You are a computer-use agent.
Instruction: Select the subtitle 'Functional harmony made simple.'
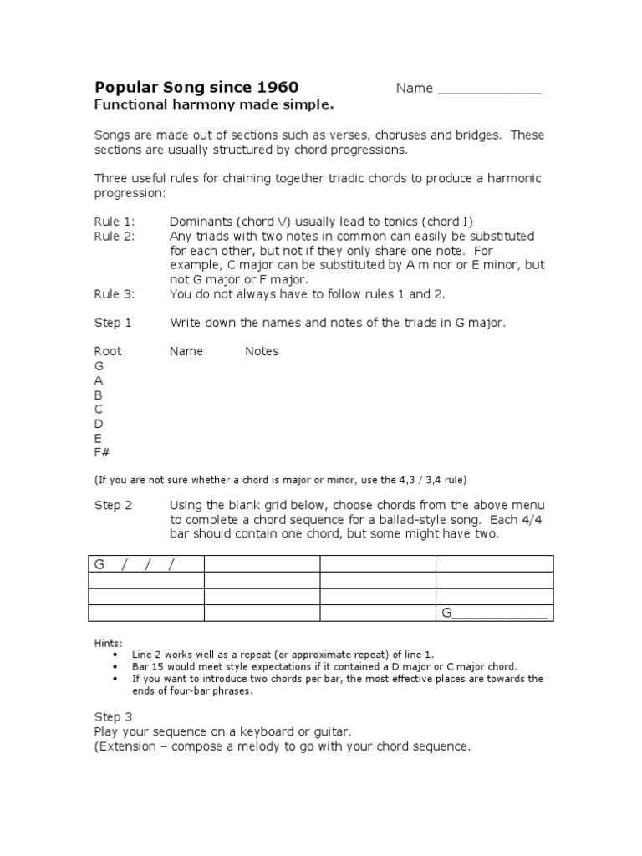(x=213, y=105)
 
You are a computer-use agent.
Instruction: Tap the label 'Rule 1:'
(x=113, y=222)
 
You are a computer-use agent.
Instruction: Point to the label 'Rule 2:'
(x=113, y=237)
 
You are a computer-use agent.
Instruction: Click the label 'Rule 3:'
(x=113, y=294)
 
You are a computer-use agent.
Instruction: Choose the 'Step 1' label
(x=112, y=323)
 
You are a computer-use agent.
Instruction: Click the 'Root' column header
(x=107, y=351)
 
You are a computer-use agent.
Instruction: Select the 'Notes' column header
(x=262, y=351)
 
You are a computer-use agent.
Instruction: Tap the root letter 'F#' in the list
(x=102, y=452)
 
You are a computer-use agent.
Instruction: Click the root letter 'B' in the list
(x=98, y=395)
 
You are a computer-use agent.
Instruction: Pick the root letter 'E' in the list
(x=98, y=438)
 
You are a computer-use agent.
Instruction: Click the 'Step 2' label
(x=112, y=505)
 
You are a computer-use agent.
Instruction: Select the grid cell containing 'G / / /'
(x=146, y=564)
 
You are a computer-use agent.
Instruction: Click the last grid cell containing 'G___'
(x=494, y=614)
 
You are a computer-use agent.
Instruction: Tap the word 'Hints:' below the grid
(x=108, y=642)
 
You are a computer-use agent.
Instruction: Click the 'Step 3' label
(x=112, y=716)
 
